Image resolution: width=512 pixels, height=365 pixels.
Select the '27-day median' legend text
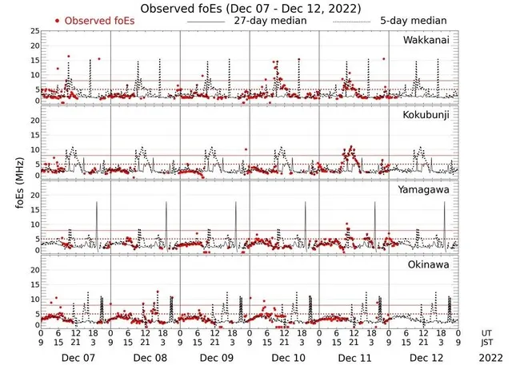click(270, 20)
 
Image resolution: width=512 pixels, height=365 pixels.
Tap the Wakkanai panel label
click(426, 38)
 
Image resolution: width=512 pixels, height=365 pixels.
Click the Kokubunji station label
click(426, 116)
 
